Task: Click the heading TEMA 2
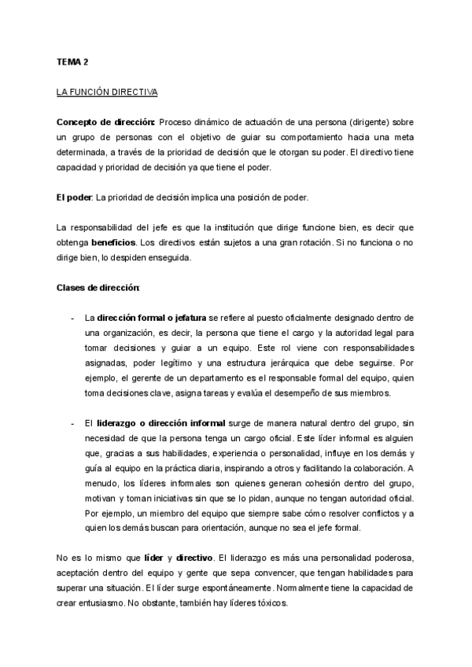(72, 61)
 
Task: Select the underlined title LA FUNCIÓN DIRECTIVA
(107, 92)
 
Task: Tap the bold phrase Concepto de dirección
(105, 123)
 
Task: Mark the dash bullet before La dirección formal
(72, 318)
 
